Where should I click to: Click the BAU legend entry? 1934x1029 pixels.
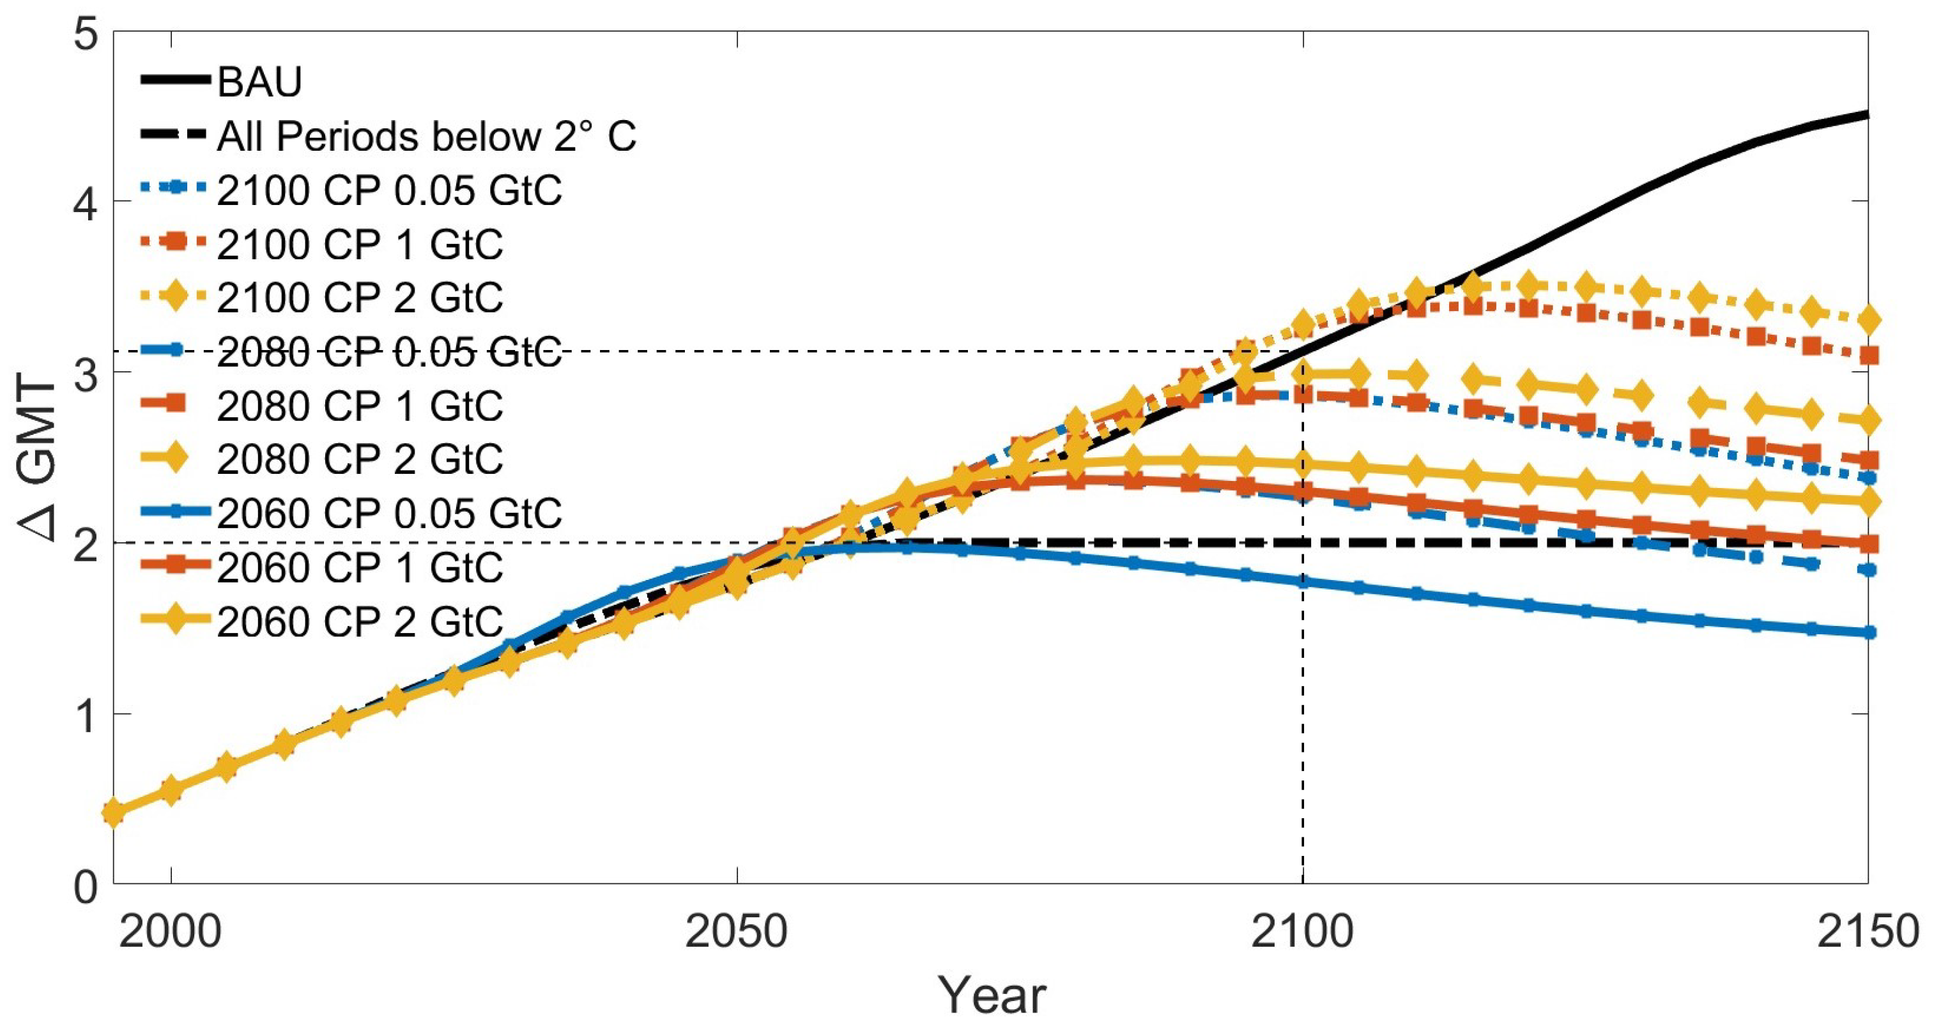259,81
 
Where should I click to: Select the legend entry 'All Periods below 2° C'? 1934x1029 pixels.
426,137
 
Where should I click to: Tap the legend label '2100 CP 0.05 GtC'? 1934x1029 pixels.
389,190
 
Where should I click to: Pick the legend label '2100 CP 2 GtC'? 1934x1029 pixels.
360,298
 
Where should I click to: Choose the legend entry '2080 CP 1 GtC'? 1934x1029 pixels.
360,406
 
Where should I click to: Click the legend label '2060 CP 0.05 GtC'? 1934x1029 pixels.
389,514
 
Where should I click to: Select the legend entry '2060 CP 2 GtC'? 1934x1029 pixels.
360,621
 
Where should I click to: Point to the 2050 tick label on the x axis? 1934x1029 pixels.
737,931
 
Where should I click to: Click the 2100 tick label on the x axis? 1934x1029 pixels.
1303,931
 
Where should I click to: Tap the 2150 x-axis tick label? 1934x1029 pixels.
1867,931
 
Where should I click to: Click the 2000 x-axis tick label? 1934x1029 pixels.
171,931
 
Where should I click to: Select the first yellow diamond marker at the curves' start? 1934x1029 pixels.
114,812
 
